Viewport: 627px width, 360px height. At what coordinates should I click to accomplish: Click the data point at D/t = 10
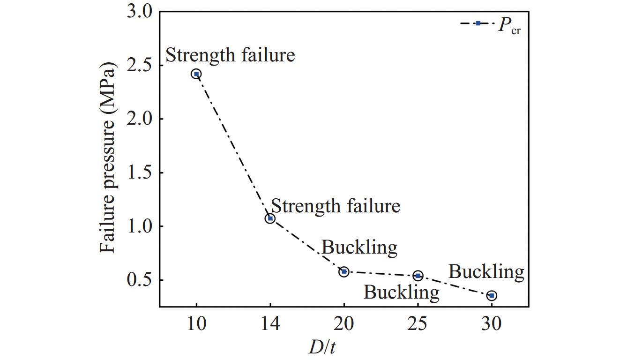tap(196, 74)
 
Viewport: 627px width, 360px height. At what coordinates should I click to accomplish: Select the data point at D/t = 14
tap(270, 218)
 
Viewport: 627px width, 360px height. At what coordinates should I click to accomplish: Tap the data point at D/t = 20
tap(344, 271)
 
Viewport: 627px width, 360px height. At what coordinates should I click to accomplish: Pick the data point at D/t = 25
tap(418, 276)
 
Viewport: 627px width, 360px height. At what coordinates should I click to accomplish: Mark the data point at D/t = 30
tap(492, 295)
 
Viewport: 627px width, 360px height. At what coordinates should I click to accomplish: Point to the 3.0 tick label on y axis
tap(140, 12)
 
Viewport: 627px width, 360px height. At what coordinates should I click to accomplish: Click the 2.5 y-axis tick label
tap(140, 65)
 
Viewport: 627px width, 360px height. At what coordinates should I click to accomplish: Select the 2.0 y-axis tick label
tap(140, 119)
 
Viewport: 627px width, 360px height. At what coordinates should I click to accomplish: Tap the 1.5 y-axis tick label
tap(140, 173)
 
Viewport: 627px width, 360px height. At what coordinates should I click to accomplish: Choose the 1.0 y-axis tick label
tap(140, 226)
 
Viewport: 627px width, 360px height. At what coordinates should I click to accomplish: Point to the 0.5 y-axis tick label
tap(140, 280)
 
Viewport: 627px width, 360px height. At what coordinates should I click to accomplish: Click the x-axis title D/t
tap(323, 347)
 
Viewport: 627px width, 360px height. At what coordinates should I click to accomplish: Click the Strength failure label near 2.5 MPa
tap(230, 55)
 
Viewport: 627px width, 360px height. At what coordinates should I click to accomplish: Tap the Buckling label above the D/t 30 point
tap(486, 272)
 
